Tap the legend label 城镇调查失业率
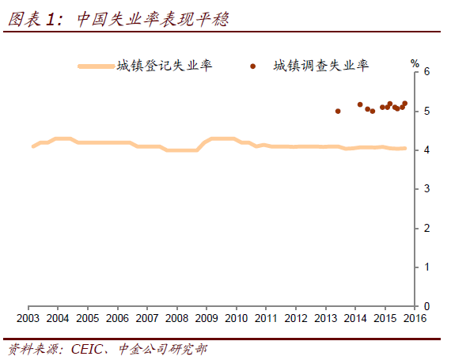click(320, 66)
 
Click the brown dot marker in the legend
click(253, 66)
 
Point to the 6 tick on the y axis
click(426, 72)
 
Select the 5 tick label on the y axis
click(426, 112)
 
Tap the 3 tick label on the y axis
click(426, 189)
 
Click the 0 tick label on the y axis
click(426, 306)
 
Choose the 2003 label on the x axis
click(28, 319)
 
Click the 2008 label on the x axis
click(176, 319)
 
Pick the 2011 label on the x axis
click(266, 319)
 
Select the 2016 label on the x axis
click(415, 319)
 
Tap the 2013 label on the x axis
click(325, 319)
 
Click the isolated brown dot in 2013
click(338, 112)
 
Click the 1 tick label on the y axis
click(426, 267)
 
